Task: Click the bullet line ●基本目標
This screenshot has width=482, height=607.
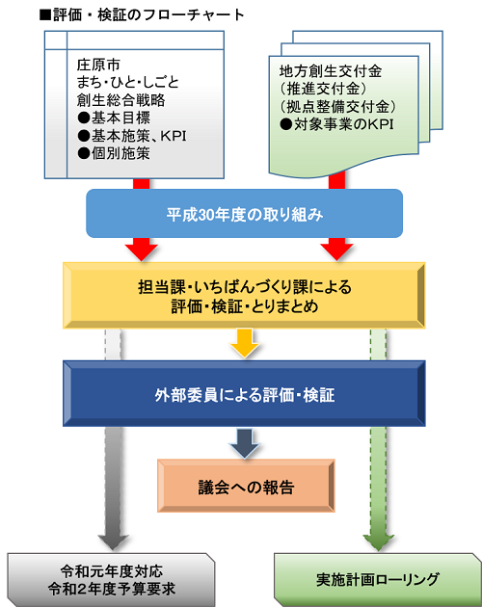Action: [x=112, y=118]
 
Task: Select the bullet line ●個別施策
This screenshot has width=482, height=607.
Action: [x=112, y=152]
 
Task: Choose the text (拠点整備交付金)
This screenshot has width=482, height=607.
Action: [x=334, y=107]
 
